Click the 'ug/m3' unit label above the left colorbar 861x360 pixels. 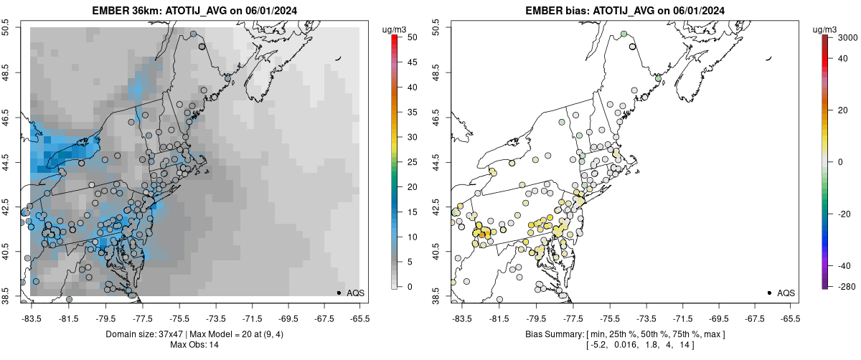(397, 29)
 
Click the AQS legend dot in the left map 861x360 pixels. (339, 293)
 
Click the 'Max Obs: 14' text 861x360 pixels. (194, 345)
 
